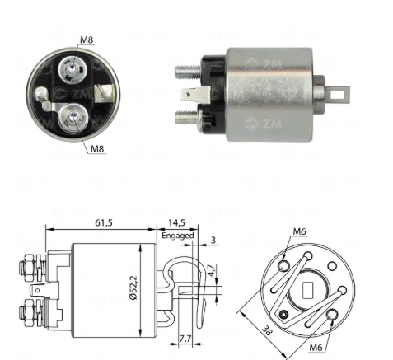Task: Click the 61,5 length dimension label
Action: [104, 222]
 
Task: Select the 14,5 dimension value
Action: [176, 222]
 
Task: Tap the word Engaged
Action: [178, 236]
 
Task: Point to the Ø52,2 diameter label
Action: [133, 288]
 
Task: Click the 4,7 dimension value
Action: [211, 270]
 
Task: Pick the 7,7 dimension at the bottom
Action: [185, 339]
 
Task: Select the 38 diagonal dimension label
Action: [266, 330]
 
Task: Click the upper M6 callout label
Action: [299, 231]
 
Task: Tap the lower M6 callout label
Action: [316, 348]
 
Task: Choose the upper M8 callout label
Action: [87, 40]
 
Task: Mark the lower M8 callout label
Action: [97, 149]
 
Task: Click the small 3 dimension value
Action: [213, 240]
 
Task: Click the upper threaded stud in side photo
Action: [188, 72]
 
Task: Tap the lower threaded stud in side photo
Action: [187, 117]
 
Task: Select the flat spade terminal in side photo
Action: [194, 96]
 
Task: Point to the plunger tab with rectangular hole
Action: [339, 95]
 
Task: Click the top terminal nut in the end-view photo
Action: [73, 69]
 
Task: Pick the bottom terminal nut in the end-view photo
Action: [73, 118]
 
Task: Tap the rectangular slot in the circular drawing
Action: [308, 291]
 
